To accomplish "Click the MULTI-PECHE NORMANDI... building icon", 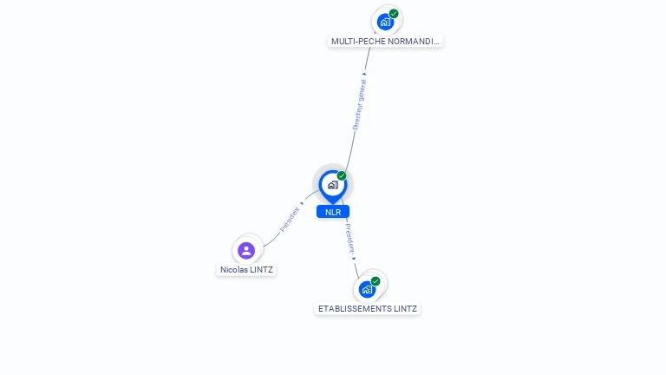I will click(385, 22).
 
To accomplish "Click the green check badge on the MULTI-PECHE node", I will click(394, 13).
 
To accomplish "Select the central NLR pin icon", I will click(332, 185).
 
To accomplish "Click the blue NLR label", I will click(333, 212).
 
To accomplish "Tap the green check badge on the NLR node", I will click(342, 176).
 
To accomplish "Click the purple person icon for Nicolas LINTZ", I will click(246, 250).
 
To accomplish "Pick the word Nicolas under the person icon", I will click(233, 270).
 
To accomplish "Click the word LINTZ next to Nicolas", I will click(260, 270).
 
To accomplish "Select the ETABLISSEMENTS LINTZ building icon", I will click(367, 289).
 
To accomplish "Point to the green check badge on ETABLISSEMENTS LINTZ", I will click(375, 281).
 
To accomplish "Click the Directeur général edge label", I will click(360, 105).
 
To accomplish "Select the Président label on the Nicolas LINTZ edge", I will click(291, 219).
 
